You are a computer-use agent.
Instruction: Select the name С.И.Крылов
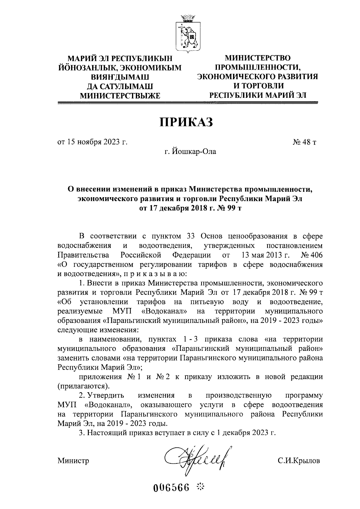pos(298,460)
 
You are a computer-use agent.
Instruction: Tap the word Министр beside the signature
pos(73,460)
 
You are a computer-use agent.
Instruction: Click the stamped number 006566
pos(172,486)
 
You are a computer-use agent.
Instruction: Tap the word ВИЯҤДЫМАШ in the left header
pos(119,77)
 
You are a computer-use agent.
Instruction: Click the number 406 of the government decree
pos(316,255)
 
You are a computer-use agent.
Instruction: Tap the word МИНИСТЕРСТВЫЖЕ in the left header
pos(120,96)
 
